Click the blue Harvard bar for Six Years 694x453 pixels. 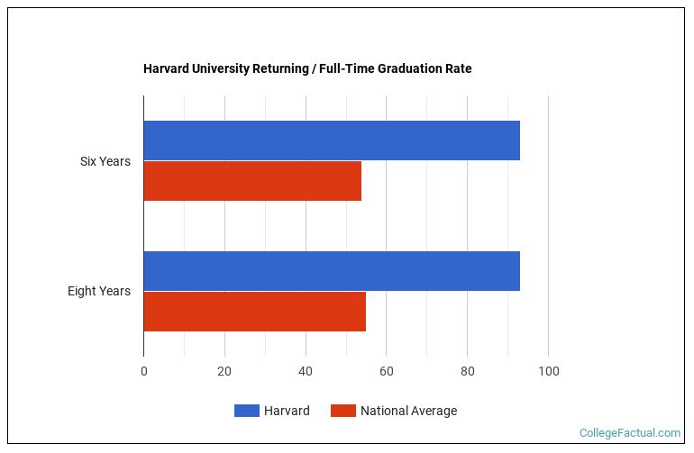tap(332, 140)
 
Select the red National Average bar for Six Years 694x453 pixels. tap(252, 181)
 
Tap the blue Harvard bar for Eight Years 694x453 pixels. tap(332, 271)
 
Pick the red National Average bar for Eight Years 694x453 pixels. tap(254, 312)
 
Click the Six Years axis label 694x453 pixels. tap(105, 161)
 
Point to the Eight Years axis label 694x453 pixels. tap(99, 291)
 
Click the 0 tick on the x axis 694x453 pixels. tap(143, 371)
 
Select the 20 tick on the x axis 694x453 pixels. tap(224, 371)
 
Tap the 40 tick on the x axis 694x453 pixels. tap(306, 371)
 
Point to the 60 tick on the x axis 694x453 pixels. tap(386, 371)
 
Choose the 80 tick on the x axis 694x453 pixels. tap(467, 371)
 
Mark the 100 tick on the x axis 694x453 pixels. tap(548, 371)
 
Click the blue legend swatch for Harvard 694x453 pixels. tap(247, 411)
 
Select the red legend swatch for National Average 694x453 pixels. tap(343, 411)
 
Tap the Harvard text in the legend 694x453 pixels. tap(287, 411)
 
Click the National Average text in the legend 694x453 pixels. tap(408, 411)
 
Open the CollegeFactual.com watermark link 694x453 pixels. tap(630, 433)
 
